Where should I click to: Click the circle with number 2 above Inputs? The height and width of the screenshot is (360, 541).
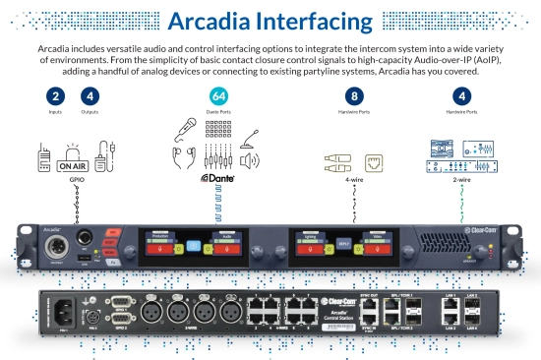[56, 96]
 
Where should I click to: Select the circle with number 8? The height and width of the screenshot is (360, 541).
[354, 96]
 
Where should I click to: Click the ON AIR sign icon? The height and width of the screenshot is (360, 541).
[75, 165]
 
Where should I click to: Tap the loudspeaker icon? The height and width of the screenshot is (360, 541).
[251, 160]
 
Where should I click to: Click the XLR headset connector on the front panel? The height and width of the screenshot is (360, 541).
[52, 242]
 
